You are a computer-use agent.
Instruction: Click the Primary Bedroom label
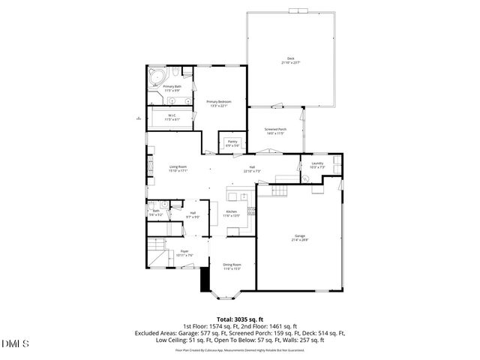point(219,101)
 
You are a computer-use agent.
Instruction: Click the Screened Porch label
point(275,129)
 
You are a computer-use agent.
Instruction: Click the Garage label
point(299,236)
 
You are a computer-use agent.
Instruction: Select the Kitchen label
point(232,211)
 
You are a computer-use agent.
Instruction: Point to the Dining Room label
point(232,264)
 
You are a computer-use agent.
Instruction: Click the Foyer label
point(184,251)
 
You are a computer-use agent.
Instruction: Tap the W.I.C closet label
point(172,115)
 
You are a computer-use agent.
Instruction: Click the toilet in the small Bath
point(151,205)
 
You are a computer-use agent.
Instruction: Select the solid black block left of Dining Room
point(204,280)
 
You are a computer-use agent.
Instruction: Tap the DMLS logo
point(15,343)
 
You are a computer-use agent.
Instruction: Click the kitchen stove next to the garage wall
point(251,211)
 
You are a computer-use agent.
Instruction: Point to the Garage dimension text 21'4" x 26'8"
point(299,241)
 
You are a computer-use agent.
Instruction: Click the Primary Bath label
point(172,87)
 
